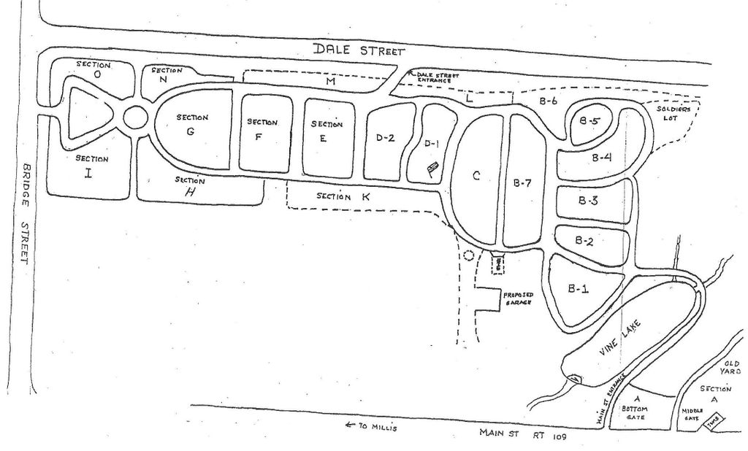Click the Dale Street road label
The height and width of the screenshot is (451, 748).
pyautogui.click(x=358, y=50)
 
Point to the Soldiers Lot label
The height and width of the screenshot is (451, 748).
pyautogui.click(x=671, y=113)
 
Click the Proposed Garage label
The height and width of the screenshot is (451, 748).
pyautogui.click(x=518, y=298)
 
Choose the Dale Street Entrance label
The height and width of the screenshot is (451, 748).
pyautogui.click(x=438, y=77)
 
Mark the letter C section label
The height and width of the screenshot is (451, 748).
pyautogui.click(x=476, y=175)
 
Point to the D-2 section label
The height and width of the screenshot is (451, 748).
pyautogui.click(x=386, y=137)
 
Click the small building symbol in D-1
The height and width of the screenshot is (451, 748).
pyautogui.click(x=432, y=169)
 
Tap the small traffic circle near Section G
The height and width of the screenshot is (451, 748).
pyautogui.click(x=135, y=117)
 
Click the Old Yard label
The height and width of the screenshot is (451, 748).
pyautogui.click(x=731, y=367)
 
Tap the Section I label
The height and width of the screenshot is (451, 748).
pyautogui.click(x=91, y=166)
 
